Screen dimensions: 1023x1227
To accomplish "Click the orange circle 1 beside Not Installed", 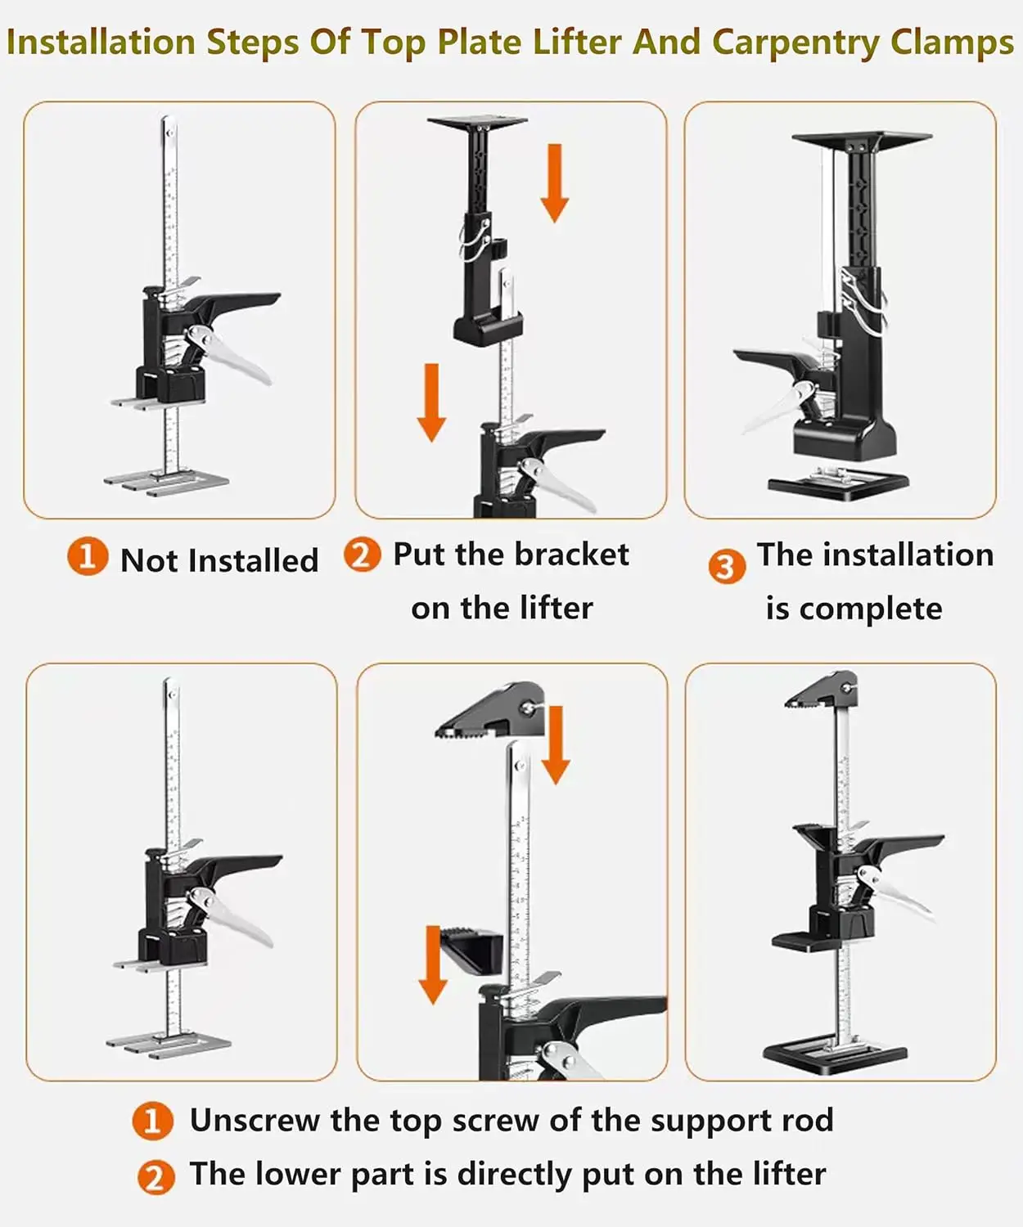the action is coord(87,556).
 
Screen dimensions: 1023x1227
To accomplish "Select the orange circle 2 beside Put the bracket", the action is coord(362,554).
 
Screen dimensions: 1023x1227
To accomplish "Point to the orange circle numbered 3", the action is coord(727,567).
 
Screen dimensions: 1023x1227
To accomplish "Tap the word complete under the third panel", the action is coord(871,609).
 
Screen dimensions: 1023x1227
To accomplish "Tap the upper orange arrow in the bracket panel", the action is coord(554,183).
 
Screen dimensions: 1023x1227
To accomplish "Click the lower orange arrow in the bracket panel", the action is coord(431,402).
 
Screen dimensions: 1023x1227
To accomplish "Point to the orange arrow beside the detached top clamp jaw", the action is coord(555,744).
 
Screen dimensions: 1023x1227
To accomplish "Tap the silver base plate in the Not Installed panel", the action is coord(167,481).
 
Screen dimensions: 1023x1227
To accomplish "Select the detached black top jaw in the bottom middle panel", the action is coord(492,709).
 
